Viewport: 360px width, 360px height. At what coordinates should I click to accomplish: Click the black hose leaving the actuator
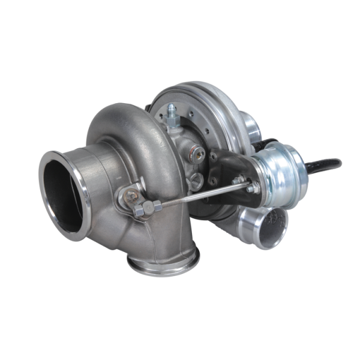327,163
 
